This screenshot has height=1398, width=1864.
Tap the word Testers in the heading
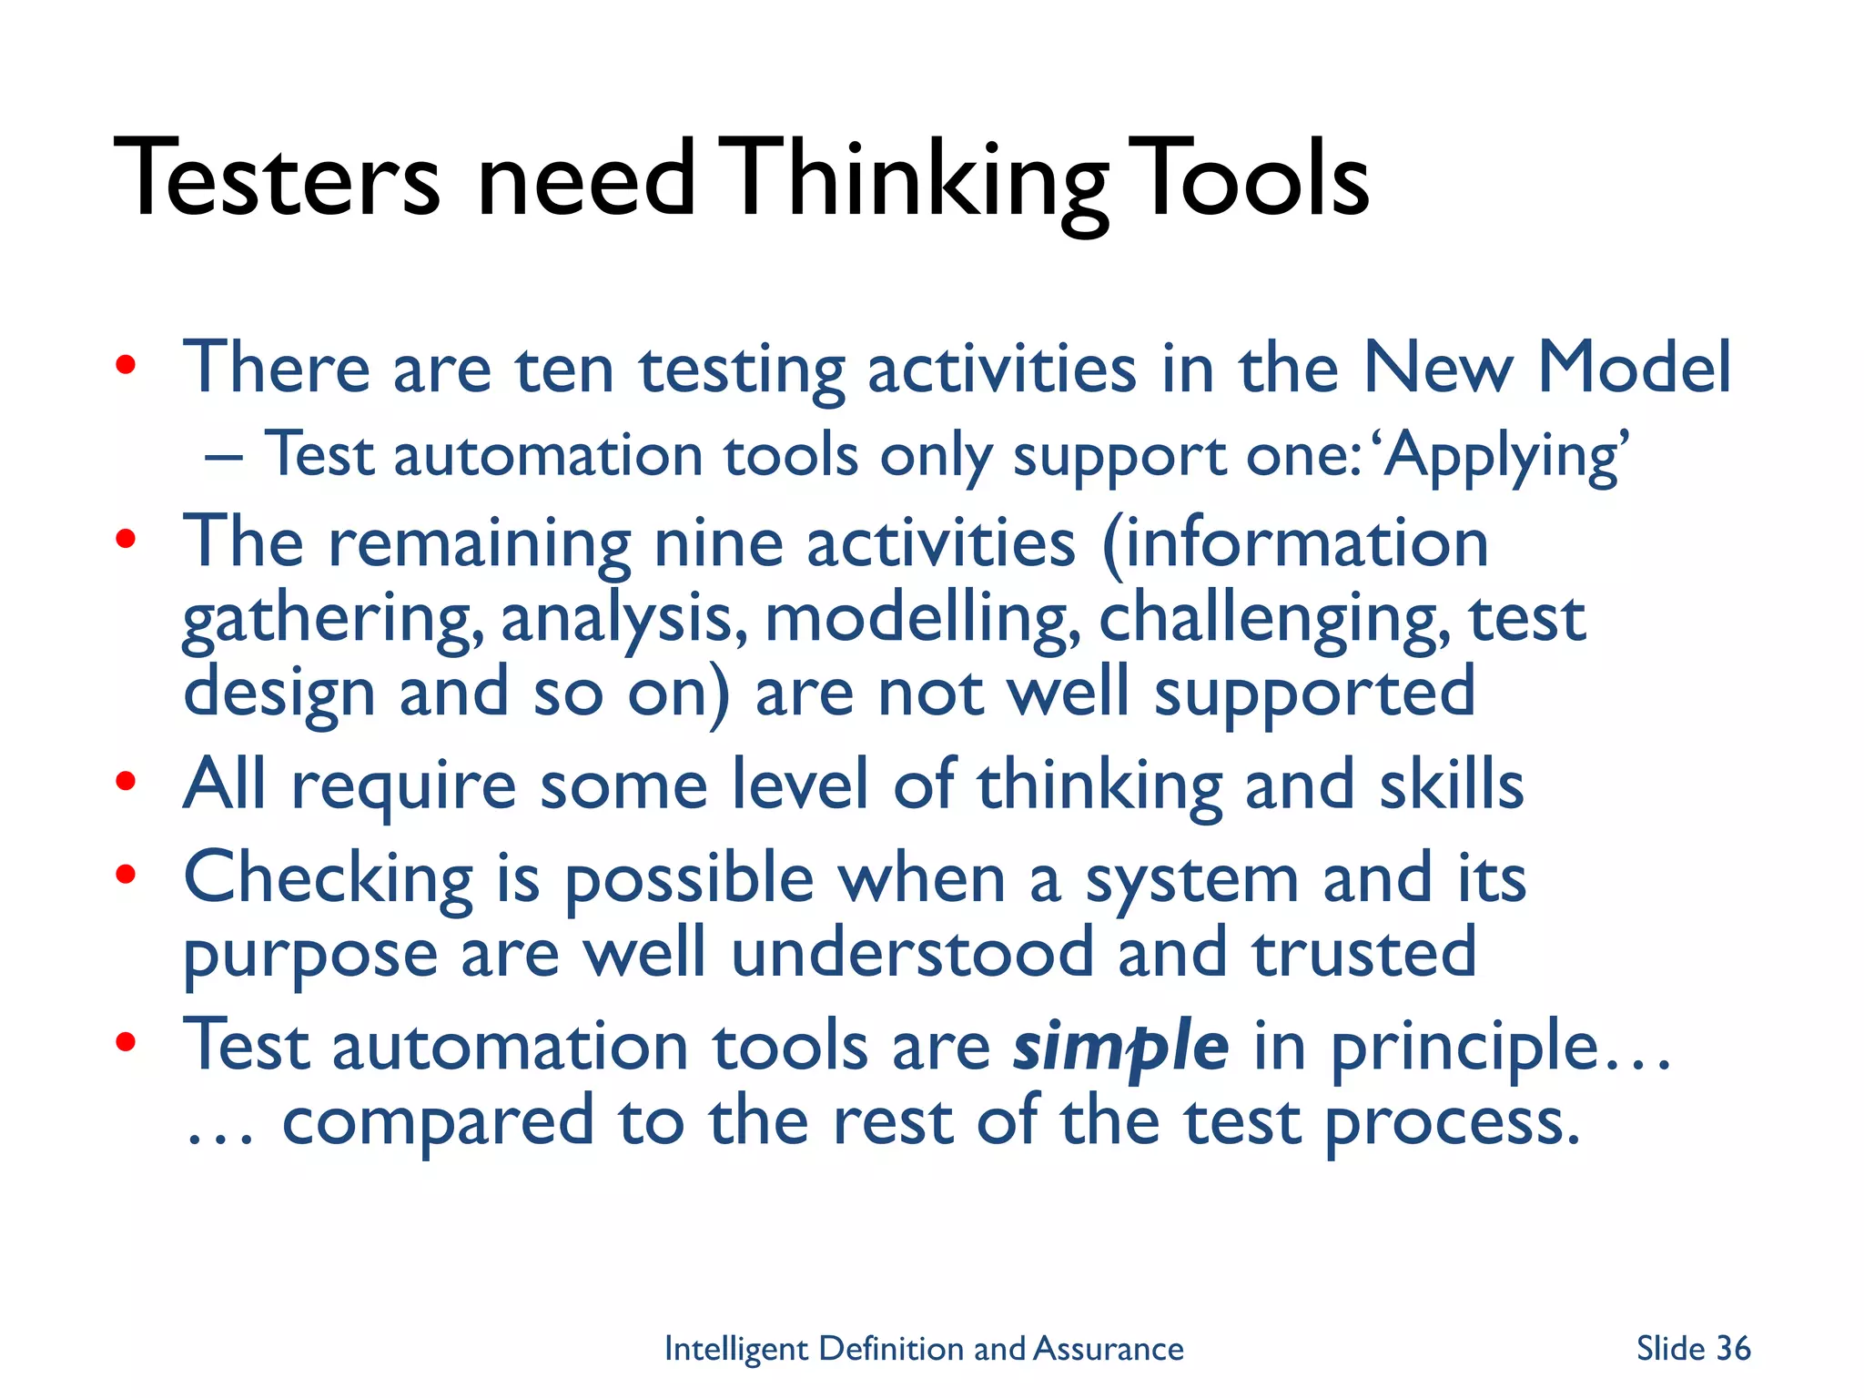click(277, 179)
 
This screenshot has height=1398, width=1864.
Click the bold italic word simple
click(1120, 1047)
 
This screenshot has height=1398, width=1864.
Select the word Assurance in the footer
click(1109, 1349)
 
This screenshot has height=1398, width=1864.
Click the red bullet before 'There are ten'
click(126, 366)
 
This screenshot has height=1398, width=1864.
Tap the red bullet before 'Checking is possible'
click(126, 874)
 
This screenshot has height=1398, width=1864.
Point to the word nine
click(718, 543)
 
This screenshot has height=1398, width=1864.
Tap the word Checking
click(329, 879)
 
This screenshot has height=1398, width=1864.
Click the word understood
click(912, 953)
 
